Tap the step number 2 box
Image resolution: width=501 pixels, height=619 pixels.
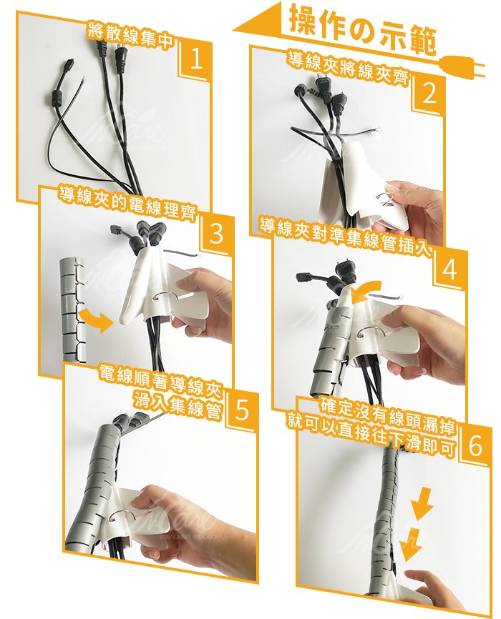click(429, 94)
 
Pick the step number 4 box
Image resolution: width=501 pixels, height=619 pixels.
click(449, 269)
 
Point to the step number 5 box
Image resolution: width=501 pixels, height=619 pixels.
click(241, 412)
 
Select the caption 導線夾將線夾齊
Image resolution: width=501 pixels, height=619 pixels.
click(349, 67)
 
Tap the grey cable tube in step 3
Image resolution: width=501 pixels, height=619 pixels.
click(71, 307)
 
